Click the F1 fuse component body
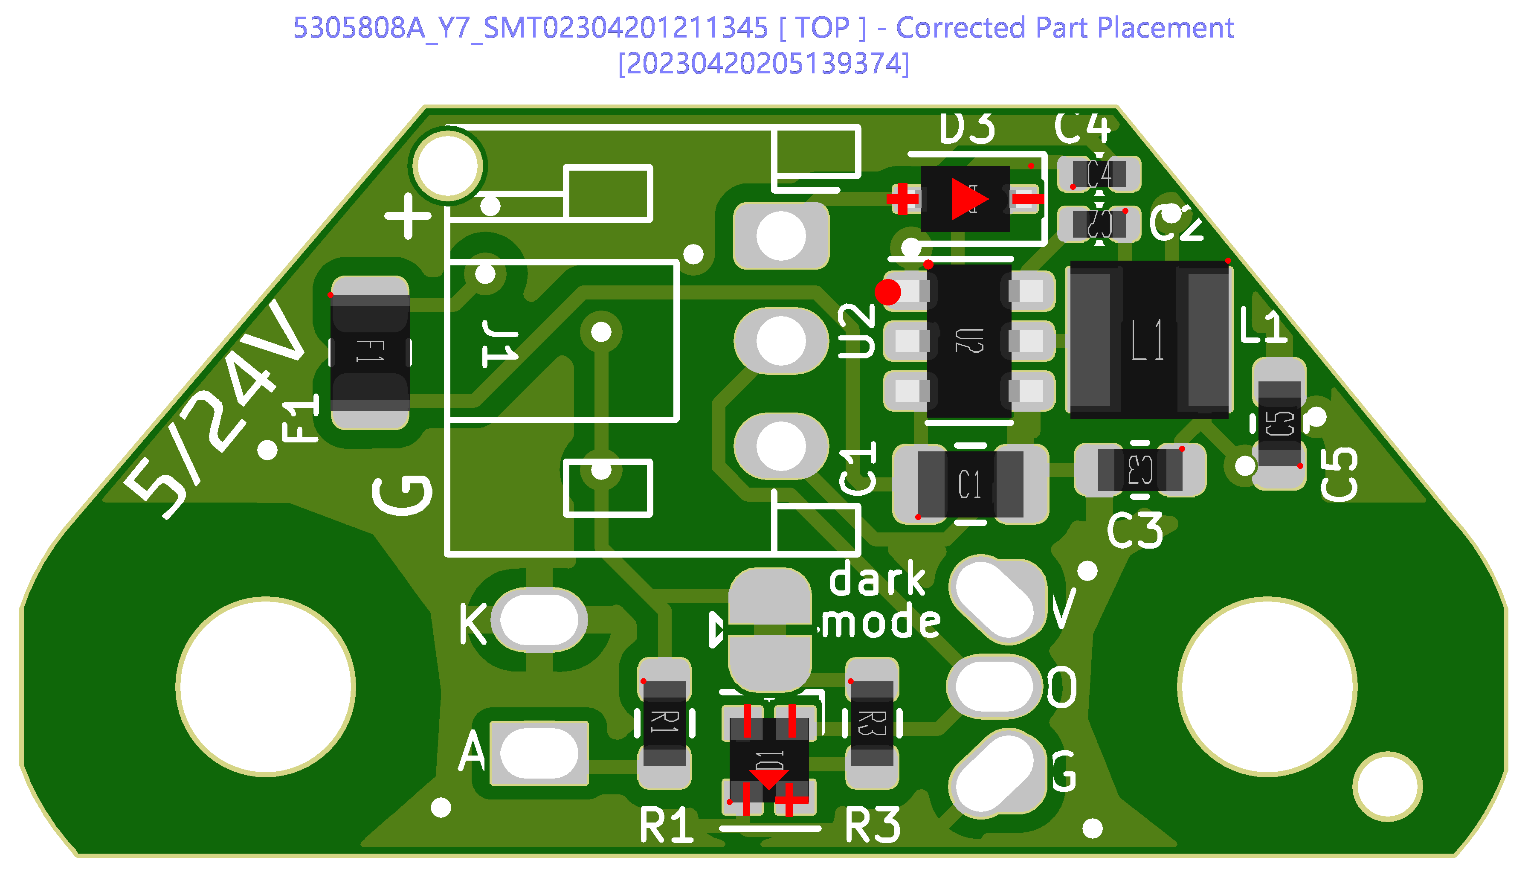tap(370, 352)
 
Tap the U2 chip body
tap(968, 341)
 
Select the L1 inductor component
tap(1148, 340)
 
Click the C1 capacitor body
tap(970, 484)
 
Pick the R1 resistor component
tap(664, 723)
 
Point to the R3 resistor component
tap(872, 723)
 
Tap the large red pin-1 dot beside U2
tap(887, 292)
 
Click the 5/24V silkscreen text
tap(215, 413)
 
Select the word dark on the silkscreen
tap(877, 579)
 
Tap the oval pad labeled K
tap(539, 620)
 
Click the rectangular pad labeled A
tap(539, 753)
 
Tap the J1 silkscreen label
tap(500, 344)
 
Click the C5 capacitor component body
tap(1279, 424)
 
